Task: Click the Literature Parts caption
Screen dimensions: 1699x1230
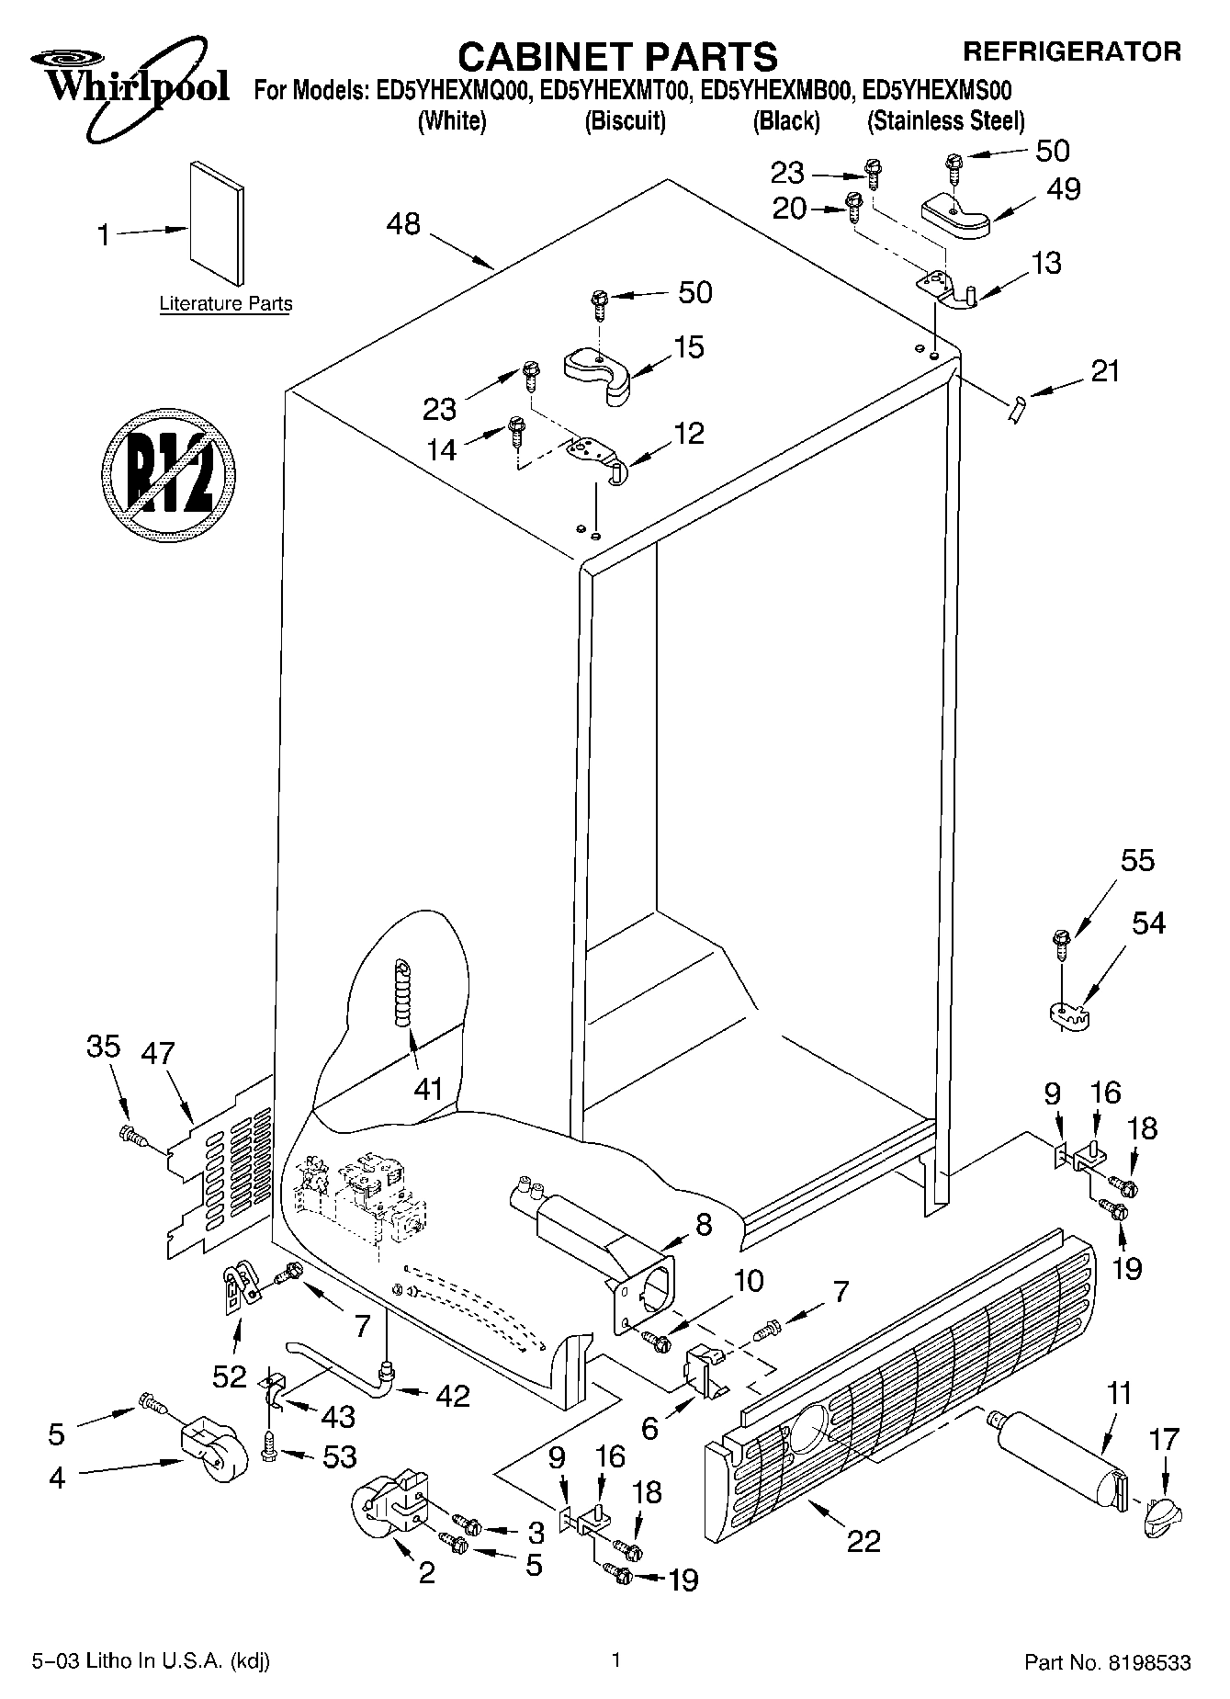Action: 225,303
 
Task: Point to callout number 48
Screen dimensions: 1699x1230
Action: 403,223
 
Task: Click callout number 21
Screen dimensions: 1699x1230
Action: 1105,371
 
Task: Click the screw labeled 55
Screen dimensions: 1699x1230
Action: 1061,943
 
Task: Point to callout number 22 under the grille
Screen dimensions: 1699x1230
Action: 863,1540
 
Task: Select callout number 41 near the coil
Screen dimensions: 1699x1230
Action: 428,1090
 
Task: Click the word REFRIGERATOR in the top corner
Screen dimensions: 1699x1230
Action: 1071,51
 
